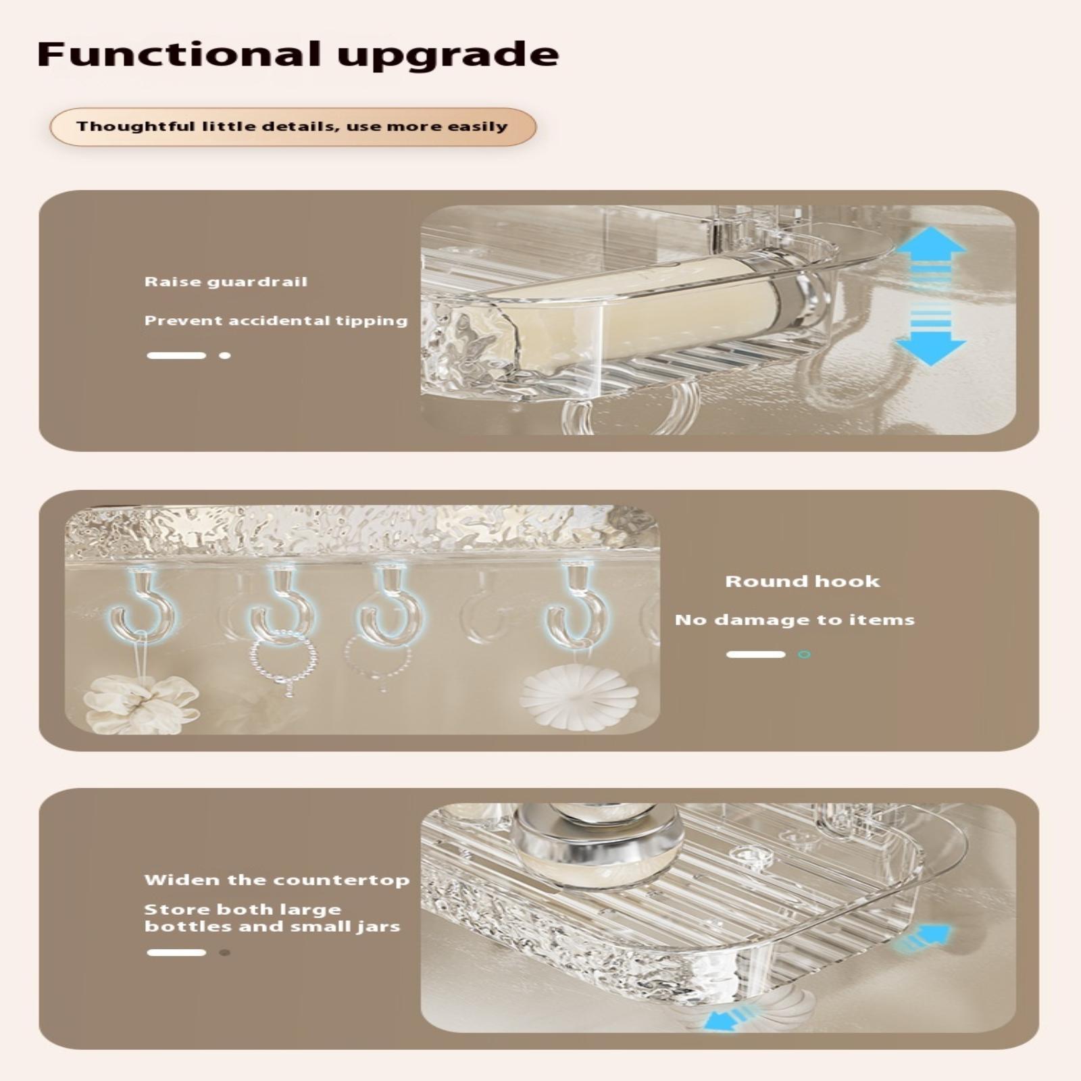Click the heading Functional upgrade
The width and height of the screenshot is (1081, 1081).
pos(298,55)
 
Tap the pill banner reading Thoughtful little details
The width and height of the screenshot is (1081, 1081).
pos(293,127)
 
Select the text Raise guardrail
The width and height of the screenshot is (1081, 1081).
pos(226,282)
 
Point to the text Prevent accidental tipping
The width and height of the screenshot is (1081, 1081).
pos(276,321)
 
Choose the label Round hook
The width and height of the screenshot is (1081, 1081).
pos(803,581)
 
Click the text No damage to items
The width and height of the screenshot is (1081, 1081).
pos(795,620)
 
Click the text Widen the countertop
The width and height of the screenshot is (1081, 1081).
pos(276,880)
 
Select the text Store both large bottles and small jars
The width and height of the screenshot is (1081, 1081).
pos(272,917)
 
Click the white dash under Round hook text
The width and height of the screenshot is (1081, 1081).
pos(755,654)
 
